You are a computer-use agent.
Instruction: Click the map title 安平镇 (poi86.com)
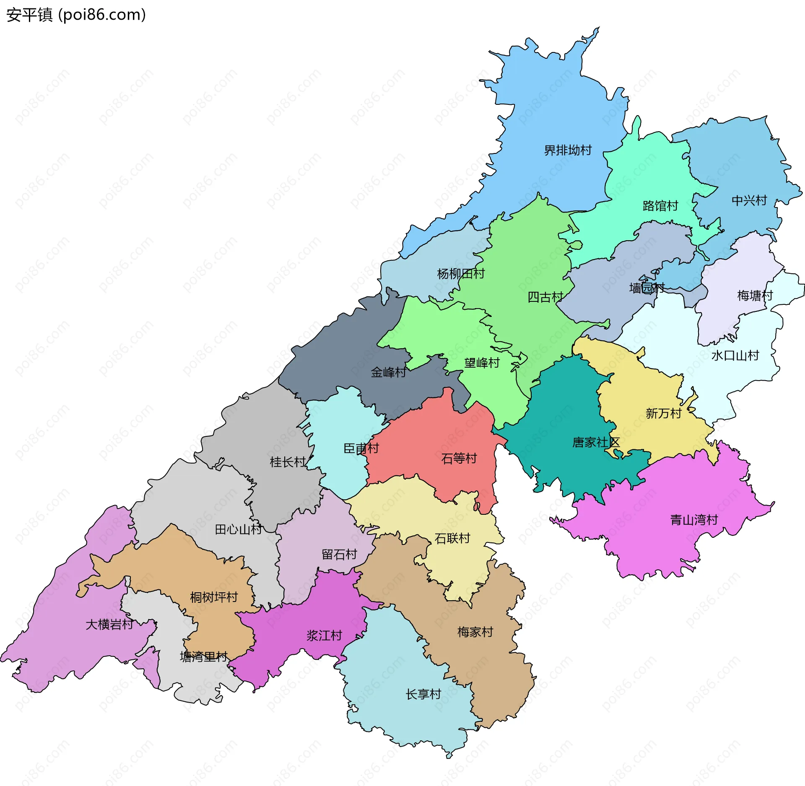pos(76,15)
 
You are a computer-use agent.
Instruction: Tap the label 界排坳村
pos(568,150)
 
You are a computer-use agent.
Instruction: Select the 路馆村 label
pos(660,206)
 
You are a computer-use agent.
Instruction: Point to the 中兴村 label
pos(749,200)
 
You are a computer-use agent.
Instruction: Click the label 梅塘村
pos(755,296)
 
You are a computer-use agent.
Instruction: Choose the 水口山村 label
pos(735,355)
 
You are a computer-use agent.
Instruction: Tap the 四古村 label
pos(545,297)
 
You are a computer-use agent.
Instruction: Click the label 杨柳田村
pos(461,274)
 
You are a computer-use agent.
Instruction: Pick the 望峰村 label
pos(482,363)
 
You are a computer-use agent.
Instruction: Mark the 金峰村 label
pos(388,372)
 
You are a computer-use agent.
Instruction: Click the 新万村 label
pos(663,413)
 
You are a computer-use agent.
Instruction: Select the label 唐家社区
pos(595,442)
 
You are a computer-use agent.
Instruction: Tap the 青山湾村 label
pos(694,520)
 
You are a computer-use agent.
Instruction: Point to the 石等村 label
pos(459,458)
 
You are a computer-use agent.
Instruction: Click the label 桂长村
pos(288,462)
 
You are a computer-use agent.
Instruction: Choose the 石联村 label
pos(452,538)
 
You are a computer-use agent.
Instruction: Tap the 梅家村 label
pos(475,632)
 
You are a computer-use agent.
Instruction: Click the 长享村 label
pos(423,694)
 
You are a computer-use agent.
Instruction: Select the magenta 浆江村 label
pos(324,636)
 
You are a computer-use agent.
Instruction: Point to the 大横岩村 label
pos(109,625)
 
